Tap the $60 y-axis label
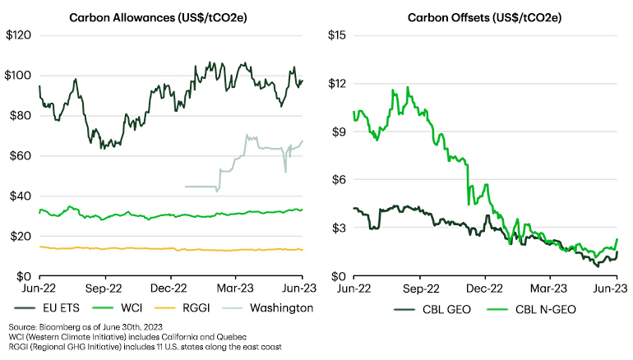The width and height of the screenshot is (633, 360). point(21,155)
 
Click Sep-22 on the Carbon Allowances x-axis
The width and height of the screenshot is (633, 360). point(105,288)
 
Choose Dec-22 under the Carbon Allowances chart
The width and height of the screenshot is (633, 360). point(171,288)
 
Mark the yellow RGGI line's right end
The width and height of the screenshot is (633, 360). point(302,250)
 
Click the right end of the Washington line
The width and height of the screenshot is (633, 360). point(302,141)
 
